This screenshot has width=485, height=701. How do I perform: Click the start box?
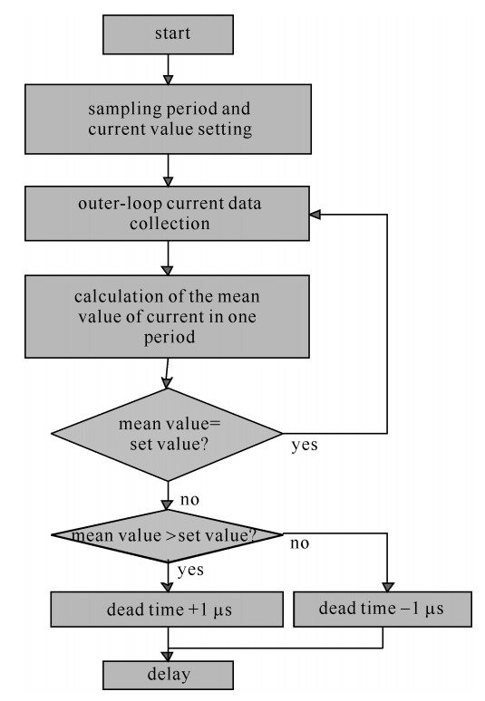coord(168,34)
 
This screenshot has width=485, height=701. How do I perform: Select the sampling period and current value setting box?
coord(168,119)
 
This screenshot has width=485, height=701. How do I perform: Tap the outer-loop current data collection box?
coord(167,213)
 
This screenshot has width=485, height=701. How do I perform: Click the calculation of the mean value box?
coord(167,316)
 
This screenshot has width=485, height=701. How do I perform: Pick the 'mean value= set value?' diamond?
coord(167,434)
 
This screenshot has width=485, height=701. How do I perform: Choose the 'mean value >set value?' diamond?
coord(167,535)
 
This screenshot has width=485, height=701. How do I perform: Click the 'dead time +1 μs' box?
coord(167,610)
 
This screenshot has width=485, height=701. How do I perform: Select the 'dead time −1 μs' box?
coord(383,609)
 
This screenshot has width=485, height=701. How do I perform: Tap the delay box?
coord(168,675)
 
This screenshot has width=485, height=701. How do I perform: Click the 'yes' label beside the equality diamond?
coord(305,446)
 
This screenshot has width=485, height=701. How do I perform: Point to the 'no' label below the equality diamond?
coord(189,499)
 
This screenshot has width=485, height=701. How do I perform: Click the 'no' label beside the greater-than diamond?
coord(300,543)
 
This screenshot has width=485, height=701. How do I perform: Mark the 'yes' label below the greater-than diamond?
coord(190,571)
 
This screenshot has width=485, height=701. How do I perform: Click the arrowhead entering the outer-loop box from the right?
coord(315,215)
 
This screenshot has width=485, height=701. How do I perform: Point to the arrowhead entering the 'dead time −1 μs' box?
coord(388,587)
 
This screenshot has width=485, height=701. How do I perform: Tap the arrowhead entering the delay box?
coord(168,656)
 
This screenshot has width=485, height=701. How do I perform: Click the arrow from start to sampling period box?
coord(168,70)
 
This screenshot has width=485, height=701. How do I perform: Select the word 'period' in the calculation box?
coord(170,337)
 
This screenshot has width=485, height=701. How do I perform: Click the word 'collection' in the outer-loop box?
coord(170,223)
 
